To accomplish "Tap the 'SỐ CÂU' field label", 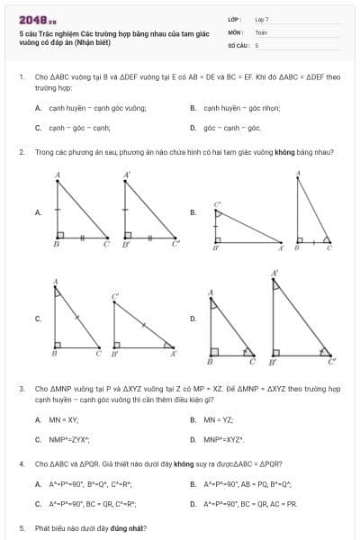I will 238,44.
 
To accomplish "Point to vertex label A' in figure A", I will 127,174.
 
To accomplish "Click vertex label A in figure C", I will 57,281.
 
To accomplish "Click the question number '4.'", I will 22,463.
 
